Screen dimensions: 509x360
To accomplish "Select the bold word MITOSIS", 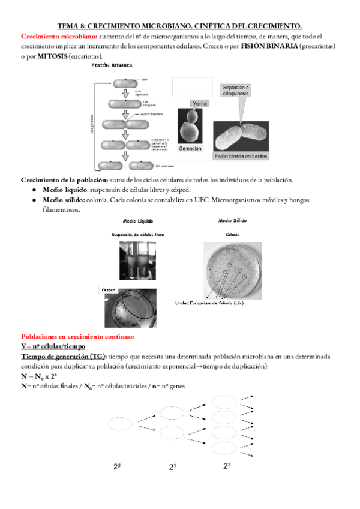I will pyautogui.click(x=52, y=56).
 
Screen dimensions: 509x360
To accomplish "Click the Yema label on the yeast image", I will pyautogui.click(x=199, y=104).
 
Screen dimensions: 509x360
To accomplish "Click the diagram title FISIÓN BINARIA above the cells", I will pyautogui.click(x=112, y=65).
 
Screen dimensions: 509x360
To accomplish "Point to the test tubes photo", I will pyautogui.click(x=139, y=260).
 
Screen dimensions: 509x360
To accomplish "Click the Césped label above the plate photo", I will pyautogui.click(x=108, y=288).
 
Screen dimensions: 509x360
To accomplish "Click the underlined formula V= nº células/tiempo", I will pyautogui.click(x=53, y=346).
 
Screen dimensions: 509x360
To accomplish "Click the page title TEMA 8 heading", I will pyautogui.click(x=179, y=26).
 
